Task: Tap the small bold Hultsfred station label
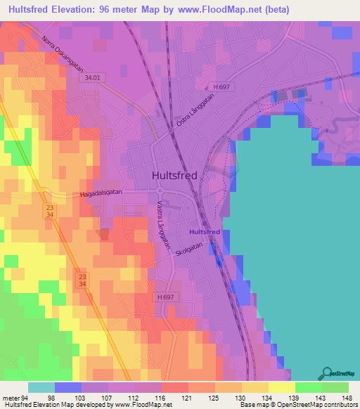click(x=205, y=231)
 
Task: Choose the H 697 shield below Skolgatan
click(x=165, y=297)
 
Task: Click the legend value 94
click(x=28, y=398)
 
